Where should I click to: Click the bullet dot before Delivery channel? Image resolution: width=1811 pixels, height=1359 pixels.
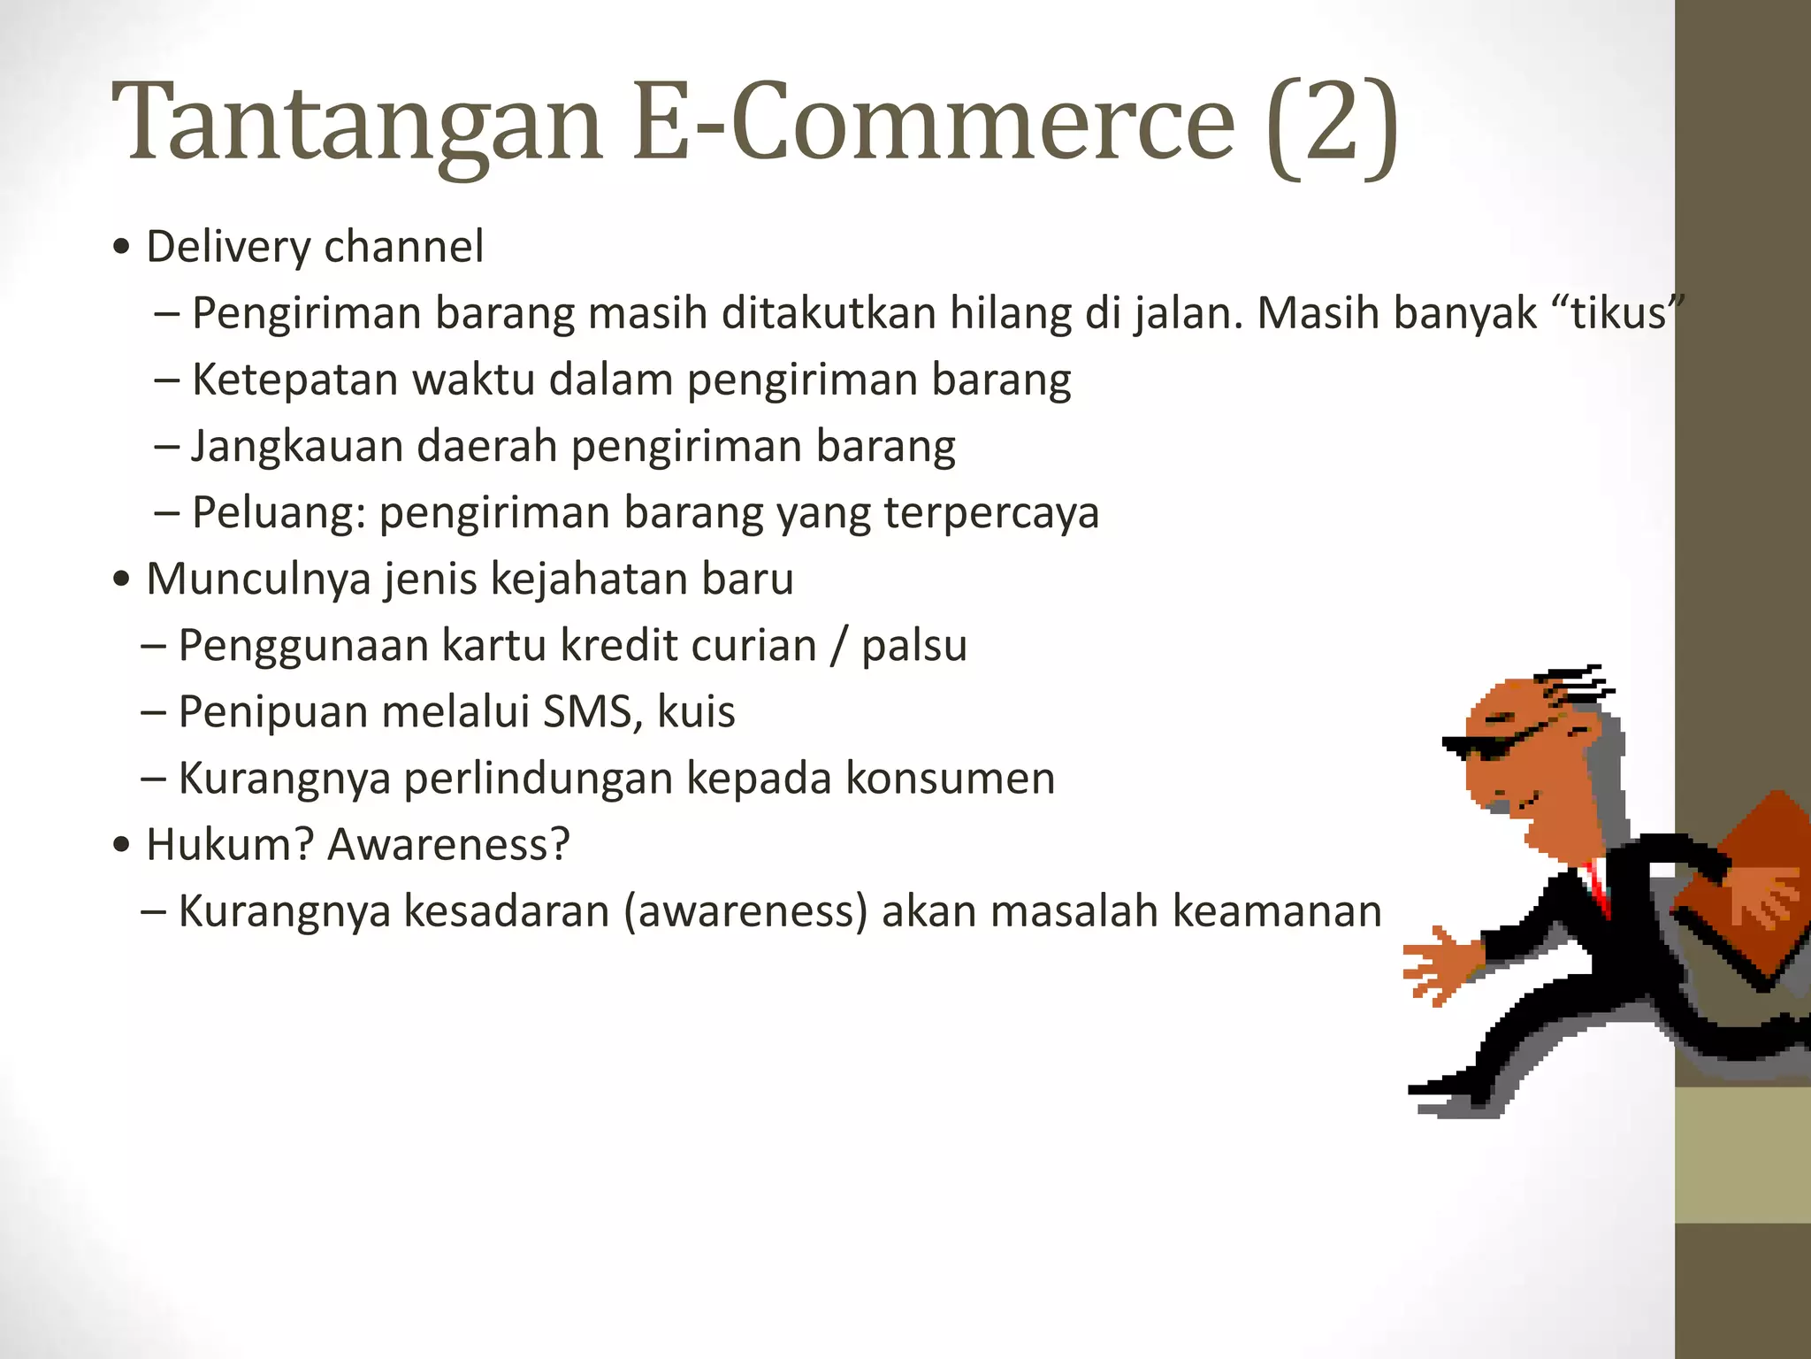click(122, 248)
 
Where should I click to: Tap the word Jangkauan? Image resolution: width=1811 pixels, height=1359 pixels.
click(297, 447)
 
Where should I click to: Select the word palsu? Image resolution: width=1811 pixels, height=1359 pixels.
click(914, 646)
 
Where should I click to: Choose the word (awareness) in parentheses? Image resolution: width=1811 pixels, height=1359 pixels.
click(745, 911)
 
